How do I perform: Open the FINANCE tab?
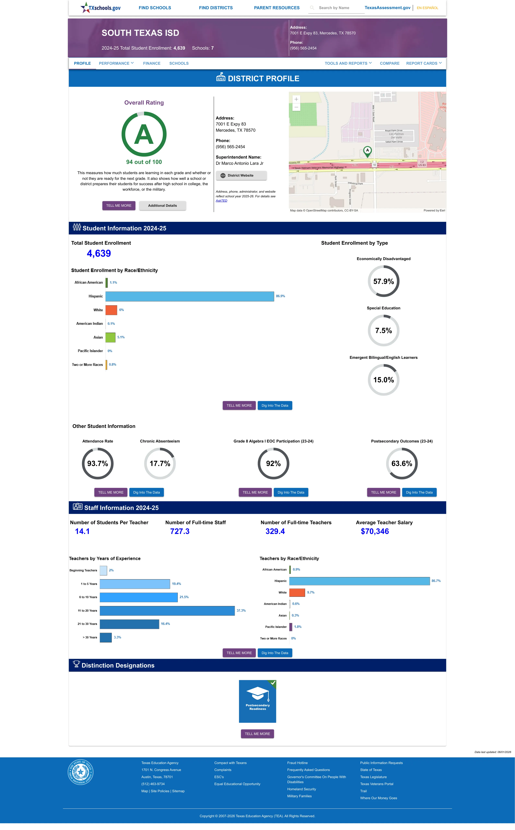[x=152, y=63]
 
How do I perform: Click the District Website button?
[x=241, y=175]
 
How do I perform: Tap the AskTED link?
[x=221, y=201]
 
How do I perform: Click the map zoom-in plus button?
[x=296, y=99]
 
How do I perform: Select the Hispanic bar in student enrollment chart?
[x=190, y=296]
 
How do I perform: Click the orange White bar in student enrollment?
[x=111, y=310]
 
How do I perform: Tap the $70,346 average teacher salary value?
[x=375, y=531]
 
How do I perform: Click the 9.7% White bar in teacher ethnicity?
[x=297, y=592]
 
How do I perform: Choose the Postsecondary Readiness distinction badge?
[x=257, y=701]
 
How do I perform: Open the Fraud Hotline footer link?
[x=297, y=763]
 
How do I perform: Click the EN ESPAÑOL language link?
[x=427, y=8]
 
